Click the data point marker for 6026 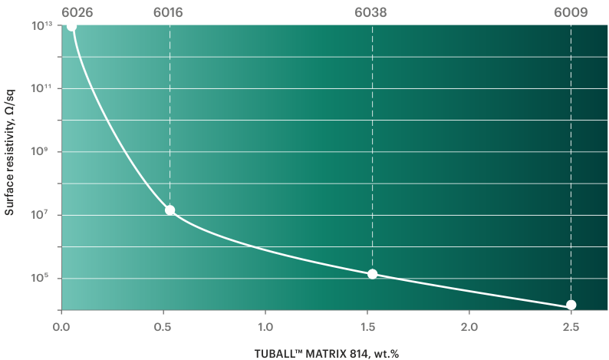tap(71, 26)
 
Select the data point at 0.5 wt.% tap(170, 210)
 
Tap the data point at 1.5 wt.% tap(372, 274)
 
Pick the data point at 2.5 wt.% tap(571, 305)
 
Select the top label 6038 tap(372, 11)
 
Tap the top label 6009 tap(571, 11)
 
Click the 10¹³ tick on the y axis tap(41, 26)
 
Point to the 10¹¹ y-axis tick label tap(41, 89)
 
